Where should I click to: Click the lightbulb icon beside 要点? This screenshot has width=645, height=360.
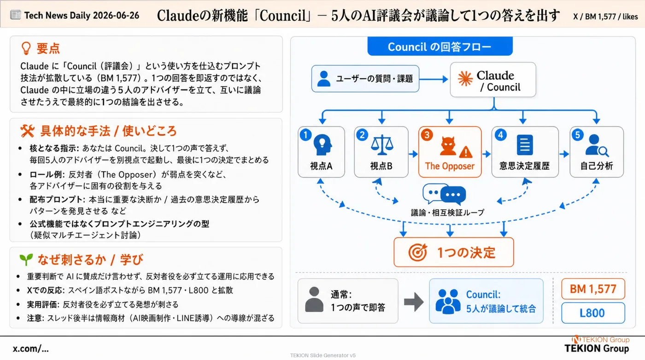pyautogui.click(x=26, y=48)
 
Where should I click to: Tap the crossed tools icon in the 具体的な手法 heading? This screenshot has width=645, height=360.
pyautogui.click(x=27, y=131)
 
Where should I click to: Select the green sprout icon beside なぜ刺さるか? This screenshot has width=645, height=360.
pyautogui.click(x=26, y=259)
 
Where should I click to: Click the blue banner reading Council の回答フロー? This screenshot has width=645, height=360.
pyautogui.click(x=440, y=46)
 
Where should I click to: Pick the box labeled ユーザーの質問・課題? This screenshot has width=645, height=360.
pyautogui.click(x=365, y=79)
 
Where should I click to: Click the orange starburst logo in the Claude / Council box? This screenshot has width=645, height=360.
pyautogui.click(x=465, y=79)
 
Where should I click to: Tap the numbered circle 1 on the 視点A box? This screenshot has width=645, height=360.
pyautogui.click(x=305, y=135)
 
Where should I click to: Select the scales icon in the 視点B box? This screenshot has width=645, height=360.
pyautogui.click(x=382, y=145)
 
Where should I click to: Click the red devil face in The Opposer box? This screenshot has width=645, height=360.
pyautogui.click(x=448, y=146)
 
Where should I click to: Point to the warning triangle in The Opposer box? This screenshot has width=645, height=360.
pyautogui.click(x=466, y=152)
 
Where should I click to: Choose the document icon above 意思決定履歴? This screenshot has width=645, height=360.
pyautogui.click(x=525, y=145)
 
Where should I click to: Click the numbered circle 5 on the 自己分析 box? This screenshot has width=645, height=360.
pyautogui.click(x=577, y=135)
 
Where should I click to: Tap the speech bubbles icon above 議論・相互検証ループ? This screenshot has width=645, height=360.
pyautogui.click(x=444, y=194)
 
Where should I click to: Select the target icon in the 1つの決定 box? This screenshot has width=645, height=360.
pyautogui.click(x=418, y=252)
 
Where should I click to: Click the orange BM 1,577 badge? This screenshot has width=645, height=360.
pyautogui.click(x=593, y=289)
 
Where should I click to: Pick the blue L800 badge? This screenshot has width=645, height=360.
pyautogui.click(x=593, y=313)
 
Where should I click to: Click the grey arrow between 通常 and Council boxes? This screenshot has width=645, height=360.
pyautogui.click(x=414, y=302)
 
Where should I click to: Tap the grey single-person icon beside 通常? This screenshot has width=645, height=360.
pyautogui.click(x=314, y=300)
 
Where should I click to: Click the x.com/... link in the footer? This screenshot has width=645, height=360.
pyautogui.click(x=30, y=348)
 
